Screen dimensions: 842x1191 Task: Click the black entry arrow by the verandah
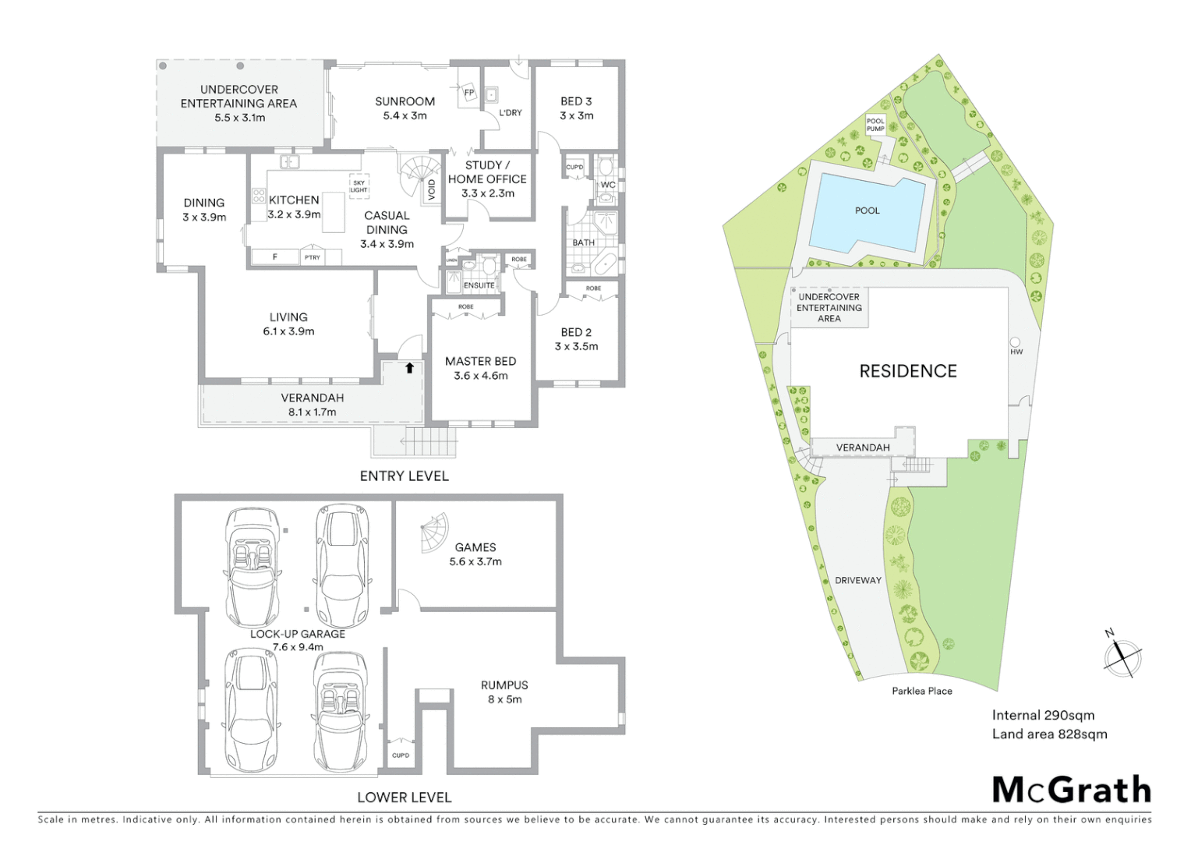[408, 368]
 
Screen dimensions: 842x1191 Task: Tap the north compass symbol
[1122, 655]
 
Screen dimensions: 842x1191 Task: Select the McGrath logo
[1071, 790]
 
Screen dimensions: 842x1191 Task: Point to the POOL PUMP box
[875, 125]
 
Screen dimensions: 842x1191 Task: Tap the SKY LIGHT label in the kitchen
[359, 186]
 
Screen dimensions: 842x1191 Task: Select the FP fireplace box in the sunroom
[468, 93]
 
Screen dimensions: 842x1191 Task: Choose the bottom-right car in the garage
[340, 711]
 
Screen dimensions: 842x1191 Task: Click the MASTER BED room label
[480, 361]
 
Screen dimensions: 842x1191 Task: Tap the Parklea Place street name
[922, 691]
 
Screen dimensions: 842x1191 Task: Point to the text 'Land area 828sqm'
[1049, 734]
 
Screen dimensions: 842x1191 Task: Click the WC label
[608, 185]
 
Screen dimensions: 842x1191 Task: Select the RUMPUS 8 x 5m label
[504, 692]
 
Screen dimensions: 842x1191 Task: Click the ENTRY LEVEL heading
[404, 476]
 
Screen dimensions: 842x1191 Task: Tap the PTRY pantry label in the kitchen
[313, 257]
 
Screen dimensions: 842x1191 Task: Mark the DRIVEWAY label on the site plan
[857, 580]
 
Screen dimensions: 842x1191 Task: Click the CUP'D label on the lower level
[401, 755]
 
